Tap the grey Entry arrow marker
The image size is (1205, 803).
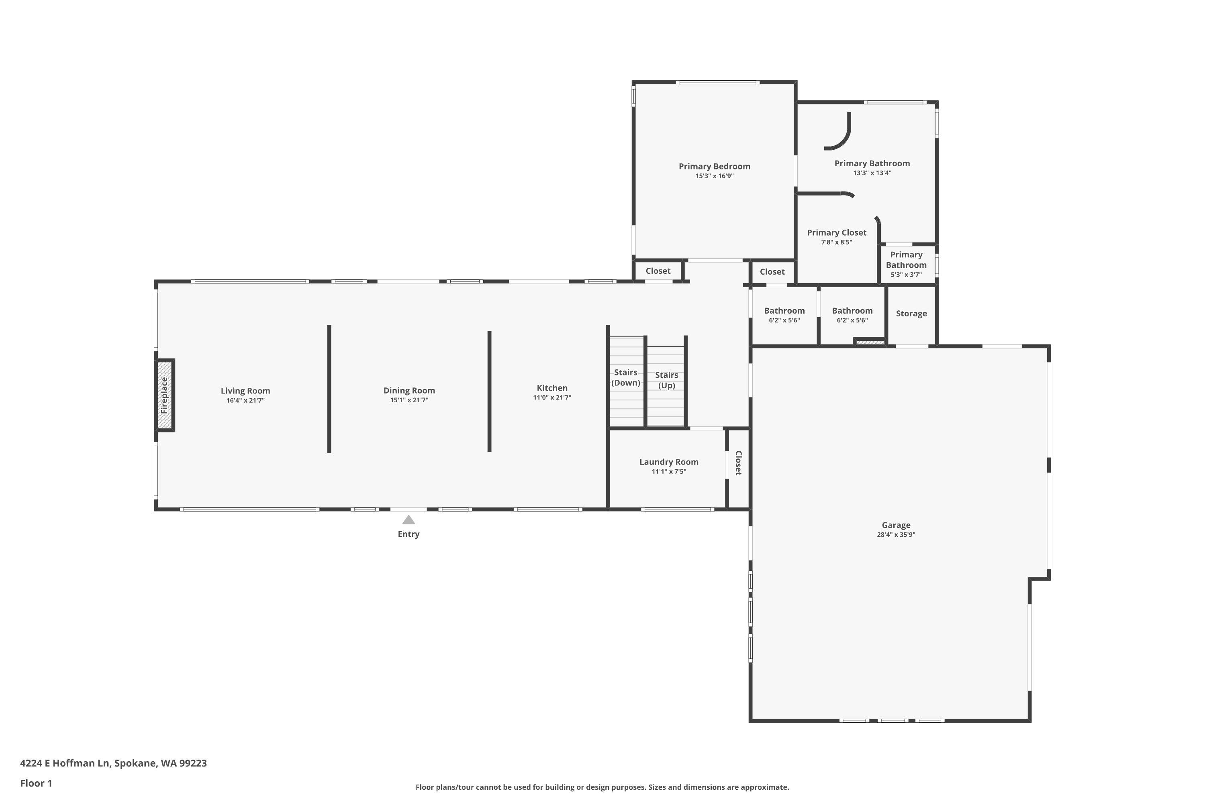point(408,520)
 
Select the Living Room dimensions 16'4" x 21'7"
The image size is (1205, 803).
point(245,400)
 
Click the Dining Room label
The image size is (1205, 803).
point(409,390)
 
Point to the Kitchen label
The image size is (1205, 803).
point(552,388)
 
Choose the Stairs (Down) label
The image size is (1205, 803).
point(625,377)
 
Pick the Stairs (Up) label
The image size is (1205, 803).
point(666,380)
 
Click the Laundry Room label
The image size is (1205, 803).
point(669,462)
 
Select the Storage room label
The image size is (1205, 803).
point(911,314)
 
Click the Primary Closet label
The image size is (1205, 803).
point(836,232)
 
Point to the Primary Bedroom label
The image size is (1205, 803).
point(714,166)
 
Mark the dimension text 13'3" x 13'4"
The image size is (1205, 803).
point(872,173)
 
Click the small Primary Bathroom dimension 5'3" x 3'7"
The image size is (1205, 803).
point(906,275)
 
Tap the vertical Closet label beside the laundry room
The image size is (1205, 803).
point(738,463)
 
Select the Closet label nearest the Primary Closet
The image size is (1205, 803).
point(772,271)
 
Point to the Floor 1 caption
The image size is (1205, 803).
point(36,783)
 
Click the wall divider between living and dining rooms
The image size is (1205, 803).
point(329,389)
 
